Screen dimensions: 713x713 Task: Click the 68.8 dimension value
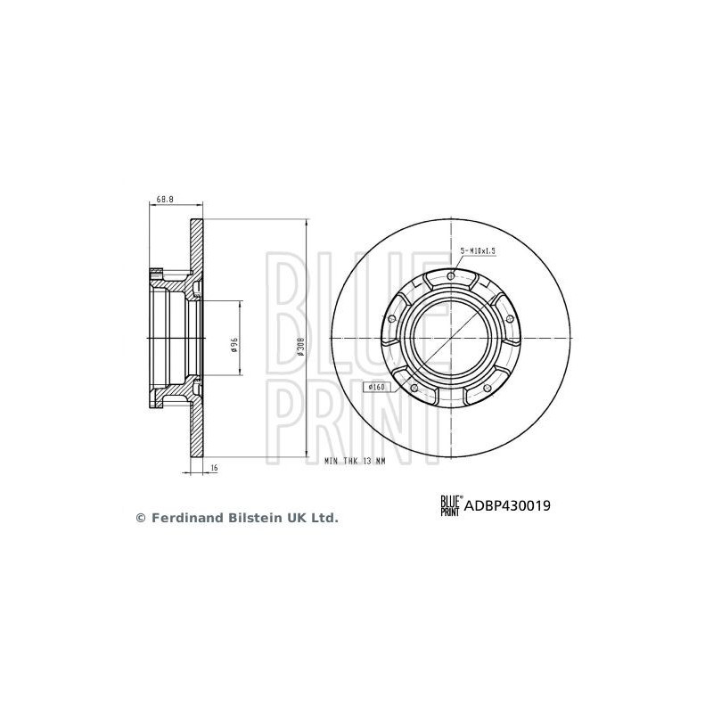tap(164, 200)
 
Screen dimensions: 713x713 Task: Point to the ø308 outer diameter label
tap(301, 346)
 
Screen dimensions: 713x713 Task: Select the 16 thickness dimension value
tap(215, 468)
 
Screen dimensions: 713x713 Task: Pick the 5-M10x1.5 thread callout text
tap(477, 252)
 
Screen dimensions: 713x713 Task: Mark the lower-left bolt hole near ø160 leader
tap(415, 388)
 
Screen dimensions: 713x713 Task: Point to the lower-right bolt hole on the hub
tap(487, 387)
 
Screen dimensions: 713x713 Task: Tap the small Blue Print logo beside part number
tap(449, 505)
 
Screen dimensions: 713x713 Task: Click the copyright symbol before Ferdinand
tap(139, 517)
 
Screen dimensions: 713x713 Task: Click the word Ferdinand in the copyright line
tap(182, 517)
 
